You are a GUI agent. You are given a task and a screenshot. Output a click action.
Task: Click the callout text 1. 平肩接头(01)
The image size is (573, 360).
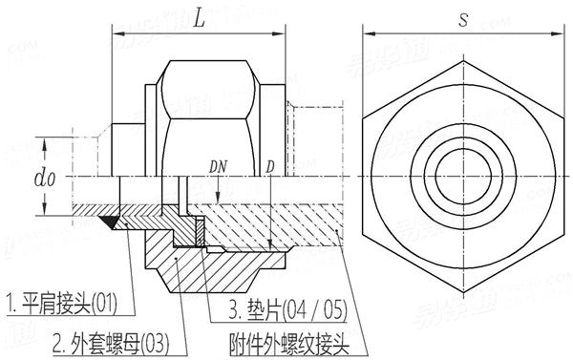tap(63, 305)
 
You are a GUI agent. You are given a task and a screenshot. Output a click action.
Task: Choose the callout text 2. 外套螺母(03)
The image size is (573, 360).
tap(107, 340)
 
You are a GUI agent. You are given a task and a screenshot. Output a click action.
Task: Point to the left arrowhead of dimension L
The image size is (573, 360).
tap(117, 35)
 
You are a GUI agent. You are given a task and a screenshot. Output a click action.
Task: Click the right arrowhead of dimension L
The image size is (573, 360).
tap(285, 35)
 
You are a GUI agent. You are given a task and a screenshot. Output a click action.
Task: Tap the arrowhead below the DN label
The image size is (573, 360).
tap(219, 200)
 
